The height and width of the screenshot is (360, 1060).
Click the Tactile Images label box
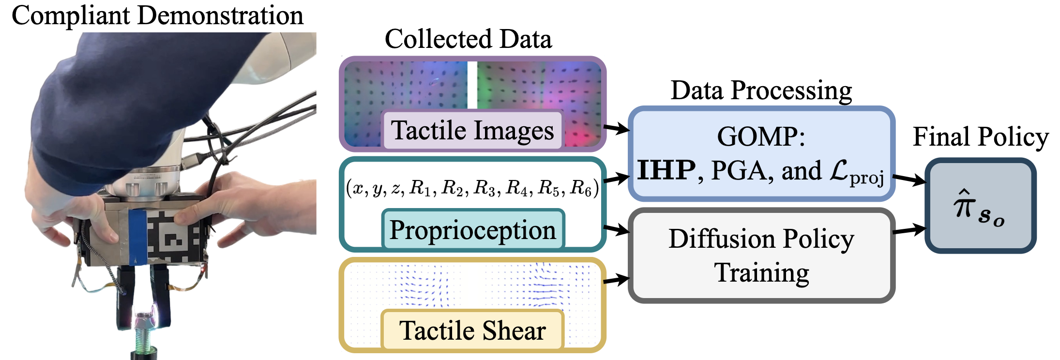472,130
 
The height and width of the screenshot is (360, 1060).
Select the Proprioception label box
473,229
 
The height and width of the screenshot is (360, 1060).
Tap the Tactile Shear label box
472,330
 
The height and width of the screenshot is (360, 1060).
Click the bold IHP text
666,170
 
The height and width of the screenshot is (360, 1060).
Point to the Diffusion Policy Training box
761,255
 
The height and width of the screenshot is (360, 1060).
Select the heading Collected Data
468,39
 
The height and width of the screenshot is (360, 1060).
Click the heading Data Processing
761,90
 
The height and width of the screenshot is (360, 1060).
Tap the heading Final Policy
981,137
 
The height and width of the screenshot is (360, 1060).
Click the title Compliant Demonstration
157,15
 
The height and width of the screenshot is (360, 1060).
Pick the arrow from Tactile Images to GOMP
616,129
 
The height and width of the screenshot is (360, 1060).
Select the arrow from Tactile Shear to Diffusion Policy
616,280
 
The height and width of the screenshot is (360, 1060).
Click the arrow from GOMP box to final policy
909,180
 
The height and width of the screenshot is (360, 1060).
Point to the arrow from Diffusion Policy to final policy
909,229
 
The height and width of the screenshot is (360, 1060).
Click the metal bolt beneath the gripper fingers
143,329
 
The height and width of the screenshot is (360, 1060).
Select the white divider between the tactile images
472,85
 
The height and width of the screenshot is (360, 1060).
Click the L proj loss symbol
857,172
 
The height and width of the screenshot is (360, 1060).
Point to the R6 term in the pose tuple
581,188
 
